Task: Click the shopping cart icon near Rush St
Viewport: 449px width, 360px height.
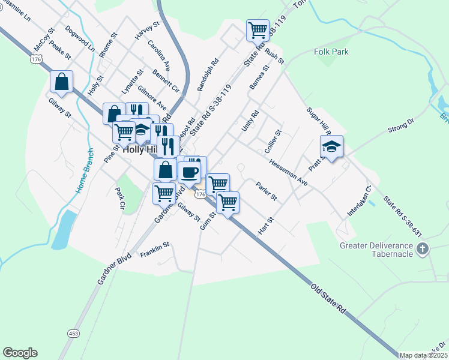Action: [x=258, y=29]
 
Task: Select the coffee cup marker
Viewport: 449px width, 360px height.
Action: [x=190, y=172]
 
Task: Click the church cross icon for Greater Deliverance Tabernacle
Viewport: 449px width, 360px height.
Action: [x=423, y=248]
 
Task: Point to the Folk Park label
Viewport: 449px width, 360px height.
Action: [x=331, y=52]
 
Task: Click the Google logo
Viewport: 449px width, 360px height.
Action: [x=20, y=353]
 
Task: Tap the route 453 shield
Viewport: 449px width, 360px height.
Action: [x=73, y=333]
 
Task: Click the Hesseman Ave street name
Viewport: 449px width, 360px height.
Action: [x=288, y=172]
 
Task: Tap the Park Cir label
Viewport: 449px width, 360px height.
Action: [x=119, y=197]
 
